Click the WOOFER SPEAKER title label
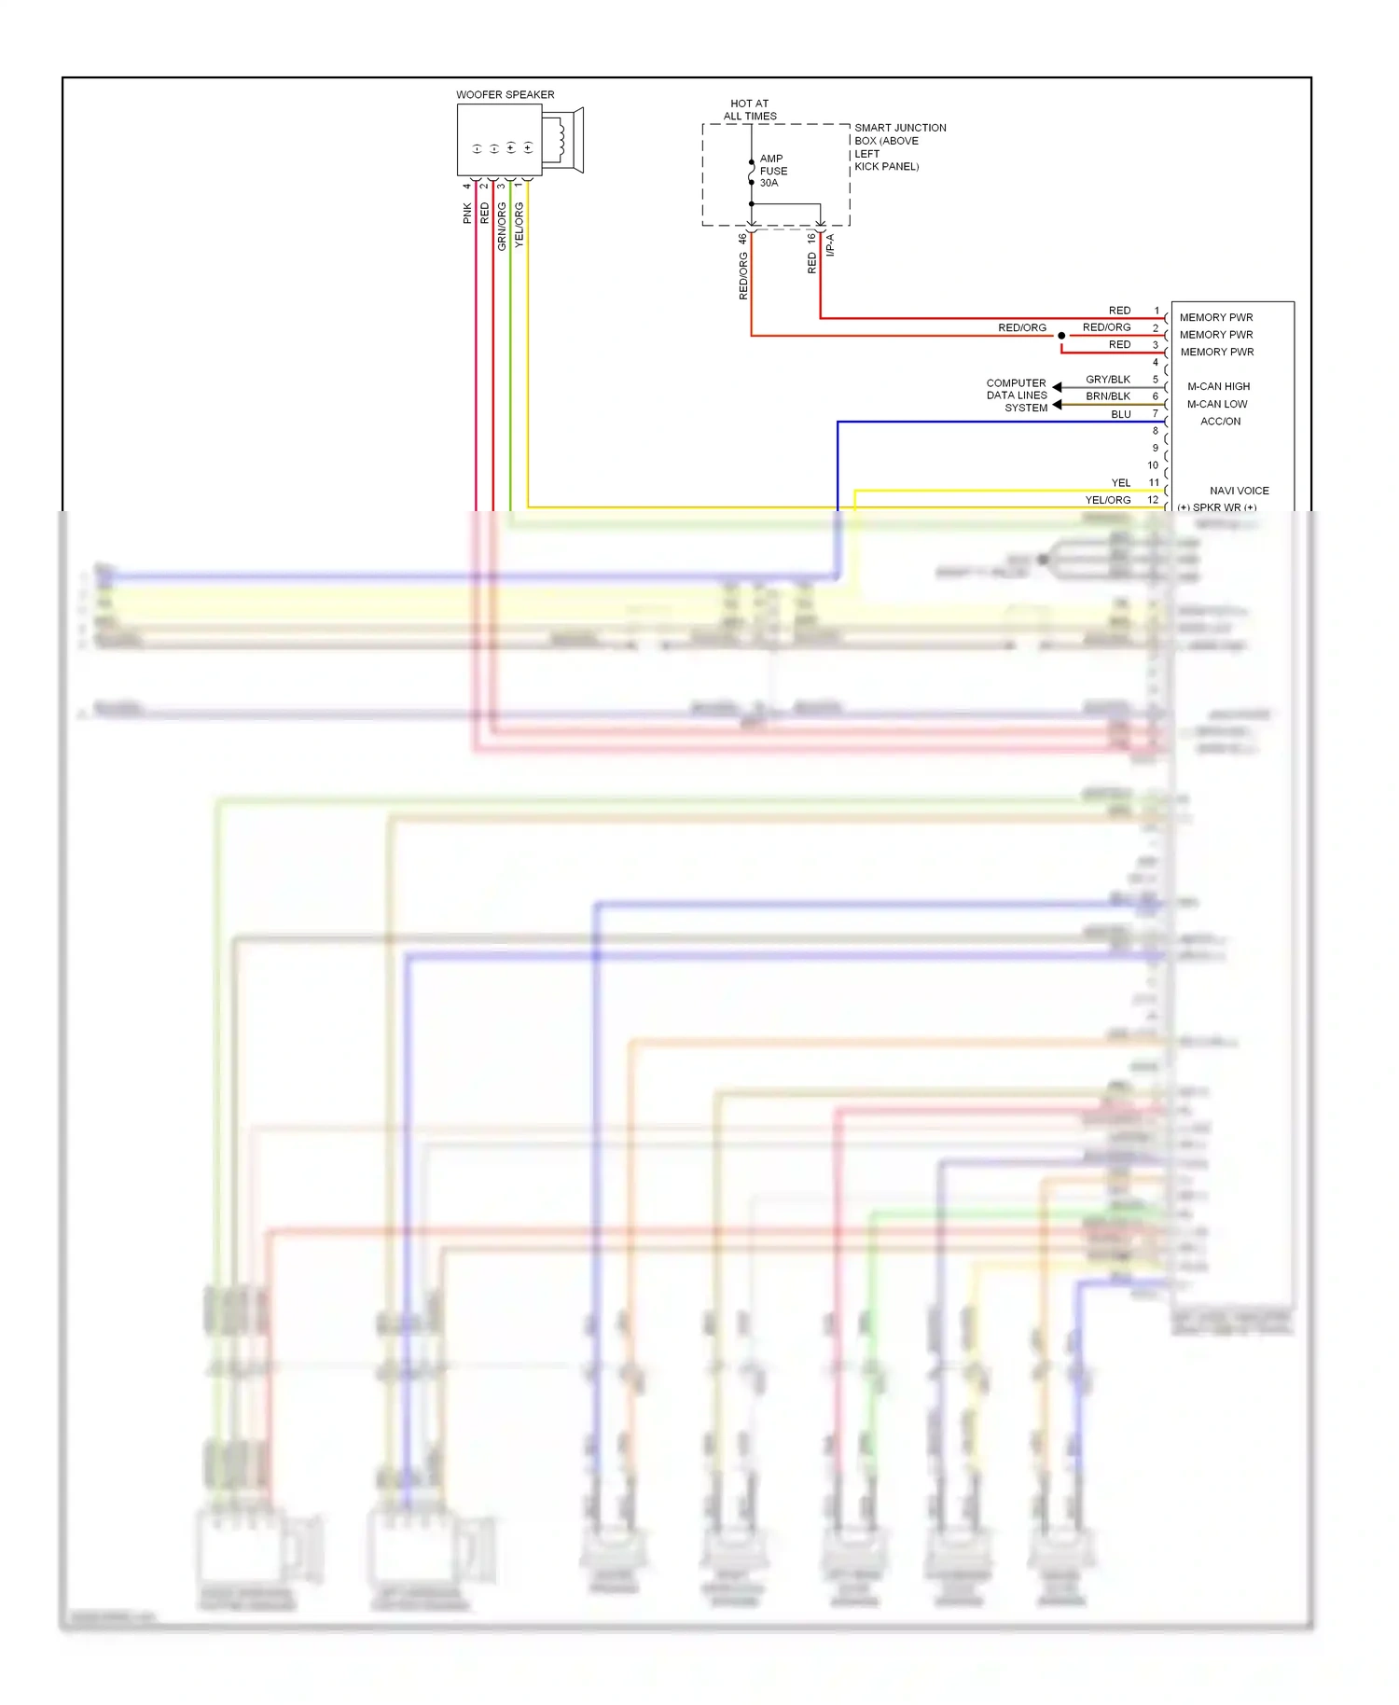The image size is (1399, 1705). tap(505, 95)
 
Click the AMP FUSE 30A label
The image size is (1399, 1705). tap(773, 171)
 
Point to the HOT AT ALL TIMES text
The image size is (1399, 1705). tap(750, 110)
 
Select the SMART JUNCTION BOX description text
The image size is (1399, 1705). tap(899, 147)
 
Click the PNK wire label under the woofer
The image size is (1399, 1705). tap(467, 214)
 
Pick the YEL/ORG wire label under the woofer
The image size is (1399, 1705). tap(519, 224)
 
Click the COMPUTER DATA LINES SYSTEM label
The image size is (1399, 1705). tap(1017, 395)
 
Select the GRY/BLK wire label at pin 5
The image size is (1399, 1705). tap(1108, 380)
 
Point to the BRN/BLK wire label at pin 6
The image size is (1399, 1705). tap(1108, 396)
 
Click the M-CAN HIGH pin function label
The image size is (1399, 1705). tap(1218, 386)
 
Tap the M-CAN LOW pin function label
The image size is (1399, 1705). tap(1216, 404)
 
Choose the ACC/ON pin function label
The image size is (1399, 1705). tap(1220, 422)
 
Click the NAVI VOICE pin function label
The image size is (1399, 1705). tap(1239, 491)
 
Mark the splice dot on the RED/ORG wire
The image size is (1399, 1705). tap(1061, 336)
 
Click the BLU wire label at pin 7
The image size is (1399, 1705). tap(1120, 414)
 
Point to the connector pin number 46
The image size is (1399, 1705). tap(742, 239)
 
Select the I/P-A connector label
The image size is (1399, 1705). tap(830, 245)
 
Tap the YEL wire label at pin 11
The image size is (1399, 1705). tap(1120, 483)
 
